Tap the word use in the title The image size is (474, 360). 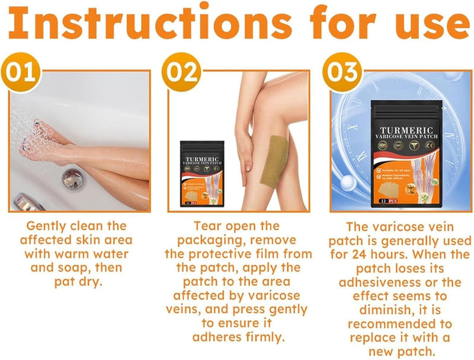425,25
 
